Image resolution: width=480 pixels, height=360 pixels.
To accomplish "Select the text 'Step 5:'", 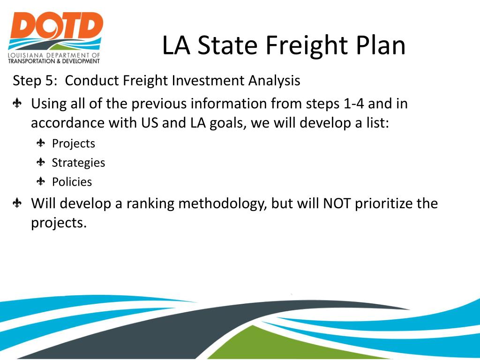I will (x=36, y=81).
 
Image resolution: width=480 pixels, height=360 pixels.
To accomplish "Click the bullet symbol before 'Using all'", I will (x=17, y=104).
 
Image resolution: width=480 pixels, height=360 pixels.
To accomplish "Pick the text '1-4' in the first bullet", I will (x=354, y=104).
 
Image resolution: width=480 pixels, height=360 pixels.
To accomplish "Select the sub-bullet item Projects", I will (x=73, y=143).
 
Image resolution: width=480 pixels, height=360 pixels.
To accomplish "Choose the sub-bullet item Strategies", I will (x=78, y=163).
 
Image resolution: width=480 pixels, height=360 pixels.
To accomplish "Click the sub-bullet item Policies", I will (x=72, y=182).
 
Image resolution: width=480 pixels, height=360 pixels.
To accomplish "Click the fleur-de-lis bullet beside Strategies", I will (x=41, y=162).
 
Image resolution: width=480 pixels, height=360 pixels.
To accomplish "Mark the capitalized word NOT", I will (x=337, y=204).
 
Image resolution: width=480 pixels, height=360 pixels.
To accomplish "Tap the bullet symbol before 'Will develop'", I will (x=17, y=203).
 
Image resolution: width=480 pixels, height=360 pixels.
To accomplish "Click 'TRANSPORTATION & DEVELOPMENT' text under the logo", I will (x=54, y=61).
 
